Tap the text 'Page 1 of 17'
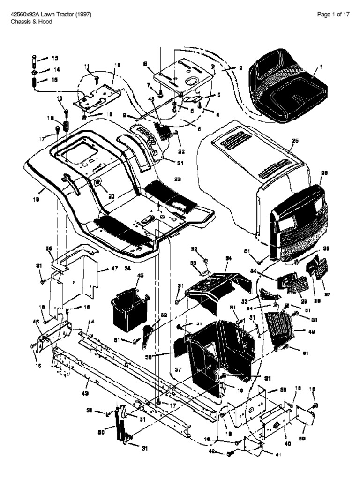(333, 15)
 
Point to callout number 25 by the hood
(295, 140)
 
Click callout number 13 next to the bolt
(55, 58)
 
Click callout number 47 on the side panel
(114, 269)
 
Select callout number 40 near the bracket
(286, 443)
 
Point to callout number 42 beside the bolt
(211, 452)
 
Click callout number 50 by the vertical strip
(101, 432)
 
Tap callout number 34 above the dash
(229, 258)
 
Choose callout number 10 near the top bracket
(117, 65)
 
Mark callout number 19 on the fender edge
(36, 199)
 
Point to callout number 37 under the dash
(178, 370)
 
